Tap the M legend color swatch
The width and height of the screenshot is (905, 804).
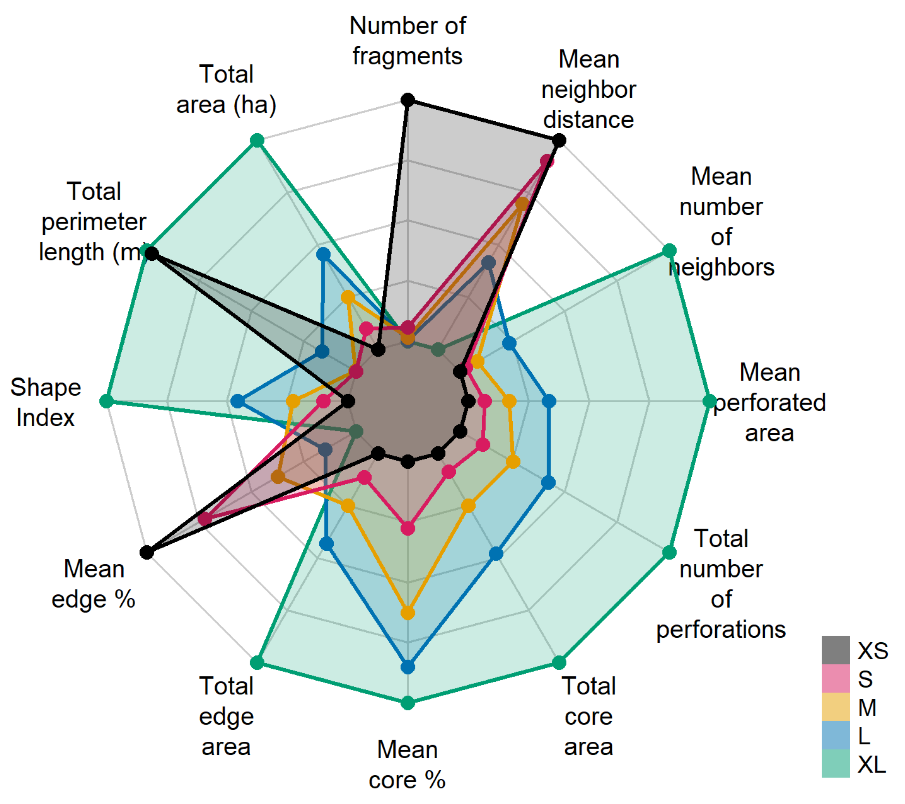[835, 707]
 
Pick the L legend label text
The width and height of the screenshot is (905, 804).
[864, 736]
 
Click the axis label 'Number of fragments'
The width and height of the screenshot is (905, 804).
[408, 41]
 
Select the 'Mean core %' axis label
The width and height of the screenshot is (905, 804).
[408, 764]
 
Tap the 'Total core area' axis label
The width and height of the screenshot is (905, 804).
[589, 716]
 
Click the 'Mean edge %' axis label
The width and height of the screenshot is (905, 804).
[93, 584]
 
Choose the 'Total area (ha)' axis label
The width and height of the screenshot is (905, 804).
[226, 90]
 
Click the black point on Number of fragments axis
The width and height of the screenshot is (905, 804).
[408, 100]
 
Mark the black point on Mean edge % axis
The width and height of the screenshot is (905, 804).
[146, 552]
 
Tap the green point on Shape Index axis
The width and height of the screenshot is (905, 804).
[106, 401]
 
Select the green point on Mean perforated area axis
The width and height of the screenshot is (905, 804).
[709, 401]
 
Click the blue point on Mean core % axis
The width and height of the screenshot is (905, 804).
[408, 667]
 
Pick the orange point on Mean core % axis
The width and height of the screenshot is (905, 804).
[408, 613]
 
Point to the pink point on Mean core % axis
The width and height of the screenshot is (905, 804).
[408, 528]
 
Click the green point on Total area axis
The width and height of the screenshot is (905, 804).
[257, 141]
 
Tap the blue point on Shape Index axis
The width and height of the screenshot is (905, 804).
[238, 401]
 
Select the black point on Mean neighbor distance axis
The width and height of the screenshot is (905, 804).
[559, 140]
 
